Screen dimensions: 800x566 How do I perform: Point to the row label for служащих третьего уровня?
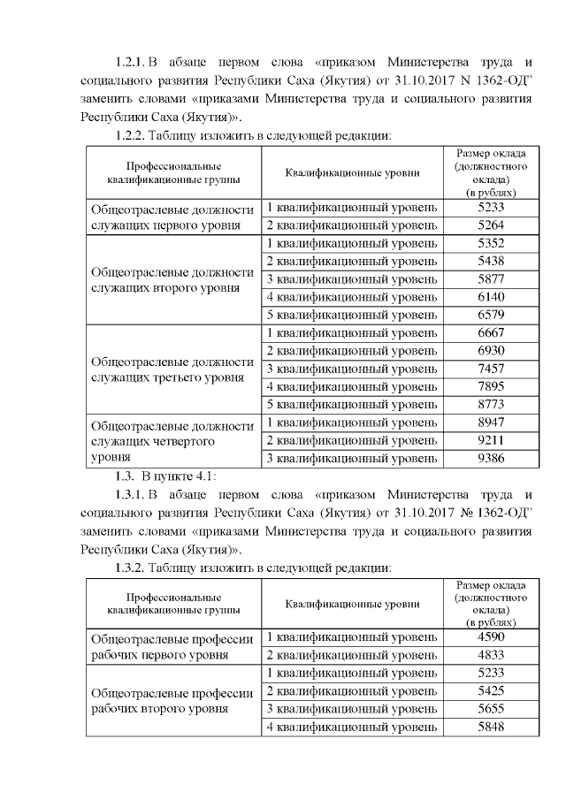172,369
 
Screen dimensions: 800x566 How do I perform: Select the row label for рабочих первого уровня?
172,646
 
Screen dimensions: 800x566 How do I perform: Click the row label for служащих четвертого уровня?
172,440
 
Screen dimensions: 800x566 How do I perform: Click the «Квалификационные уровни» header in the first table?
352,172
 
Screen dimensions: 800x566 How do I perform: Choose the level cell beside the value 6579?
352,315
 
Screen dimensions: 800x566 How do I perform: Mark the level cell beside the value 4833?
352,655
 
